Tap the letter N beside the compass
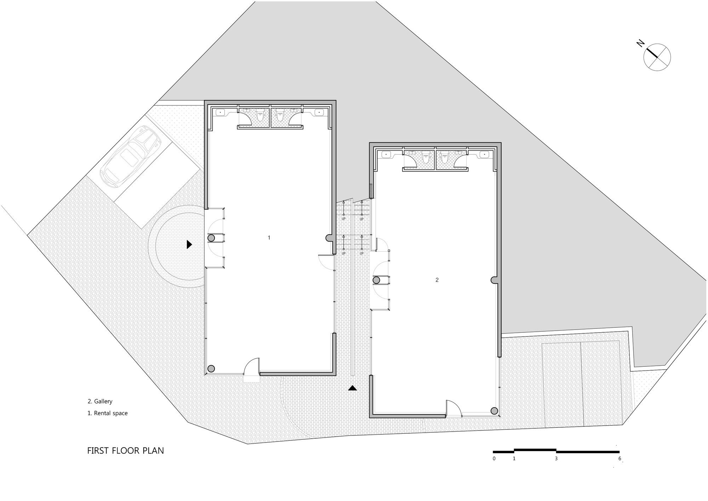640,43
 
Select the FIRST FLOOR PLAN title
126,451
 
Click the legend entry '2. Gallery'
100,401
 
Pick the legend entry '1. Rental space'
108,413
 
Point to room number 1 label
269,238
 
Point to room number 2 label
437,280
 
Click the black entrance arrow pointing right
189,244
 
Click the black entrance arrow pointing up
352,388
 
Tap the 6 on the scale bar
620,458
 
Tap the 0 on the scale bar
494,458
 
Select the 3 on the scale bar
556,458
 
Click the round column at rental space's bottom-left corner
211,369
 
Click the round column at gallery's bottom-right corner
494,411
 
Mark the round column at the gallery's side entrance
376,280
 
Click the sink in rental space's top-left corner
220,112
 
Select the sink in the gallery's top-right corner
484,154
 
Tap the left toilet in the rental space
261,117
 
